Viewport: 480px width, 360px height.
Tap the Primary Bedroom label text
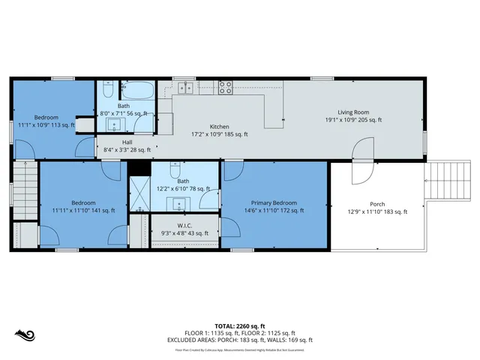274,202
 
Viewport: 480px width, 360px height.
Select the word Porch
377,204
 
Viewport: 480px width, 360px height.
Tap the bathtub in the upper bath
136,91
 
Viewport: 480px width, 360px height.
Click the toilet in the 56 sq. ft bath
106,91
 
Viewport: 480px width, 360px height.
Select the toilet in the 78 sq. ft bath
175,169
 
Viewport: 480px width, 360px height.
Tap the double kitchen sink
185,88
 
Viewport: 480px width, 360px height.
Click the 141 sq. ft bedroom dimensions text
83,211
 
